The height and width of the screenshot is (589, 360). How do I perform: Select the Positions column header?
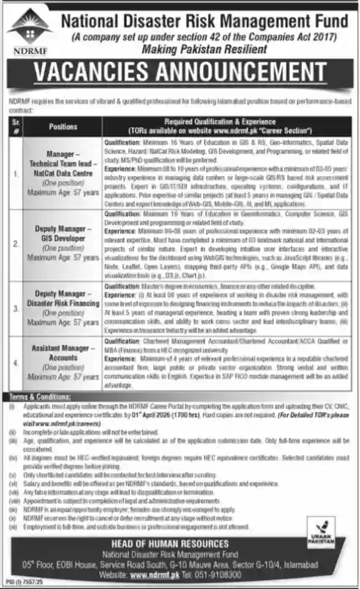tap(63, 127)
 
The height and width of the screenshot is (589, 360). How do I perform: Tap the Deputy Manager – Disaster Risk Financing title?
tap(63, 298)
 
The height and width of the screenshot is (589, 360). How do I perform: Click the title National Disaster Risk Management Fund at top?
tap(204, 22)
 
